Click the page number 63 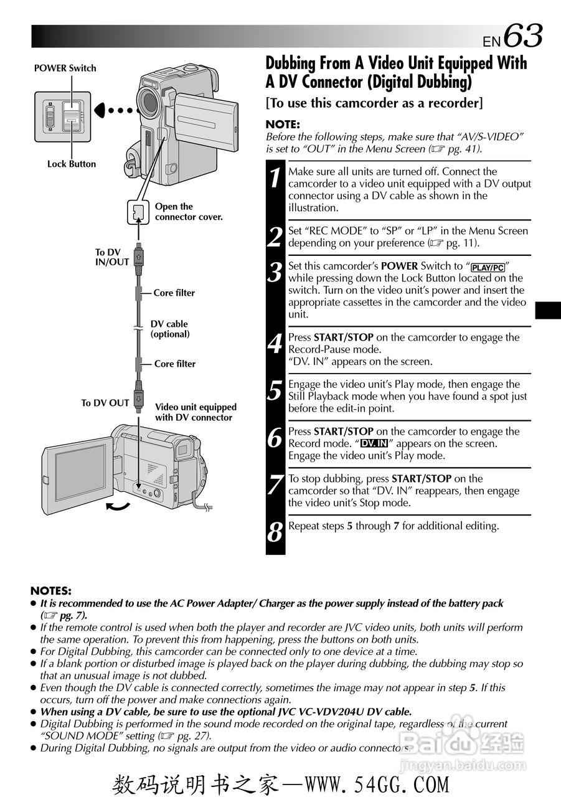click(523, 35)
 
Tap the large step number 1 click(275, 177)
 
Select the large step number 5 click(275, 391)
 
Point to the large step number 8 click(275, 533)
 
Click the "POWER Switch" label click(65, 68)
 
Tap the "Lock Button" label click(72, 164)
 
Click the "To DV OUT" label click(105, 403)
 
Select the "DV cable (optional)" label click(170, 329)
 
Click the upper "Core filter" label click(174, 293)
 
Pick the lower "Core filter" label click(174, 364)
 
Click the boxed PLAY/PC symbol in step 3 click(488, 268)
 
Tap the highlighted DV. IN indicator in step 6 click(374, 444)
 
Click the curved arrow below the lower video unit click(118, 506)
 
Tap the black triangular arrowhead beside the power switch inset click(101, 111)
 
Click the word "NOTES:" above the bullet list click(51, 590)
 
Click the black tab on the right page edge click(548, 309)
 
